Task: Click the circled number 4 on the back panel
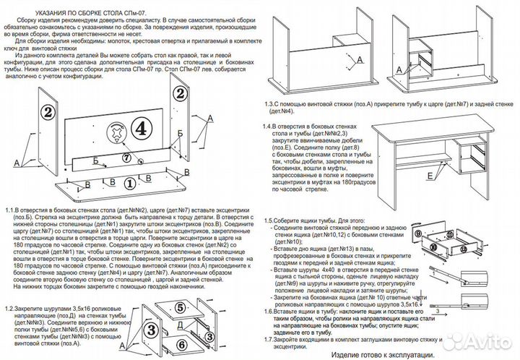(142, 127)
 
